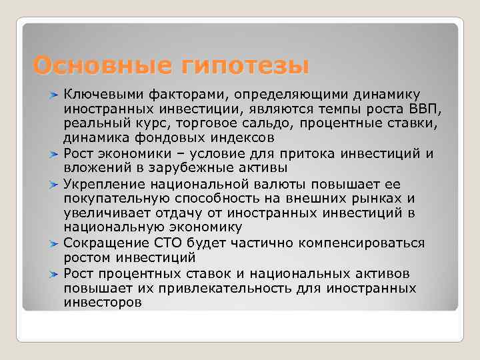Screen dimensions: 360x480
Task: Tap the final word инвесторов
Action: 103,303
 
